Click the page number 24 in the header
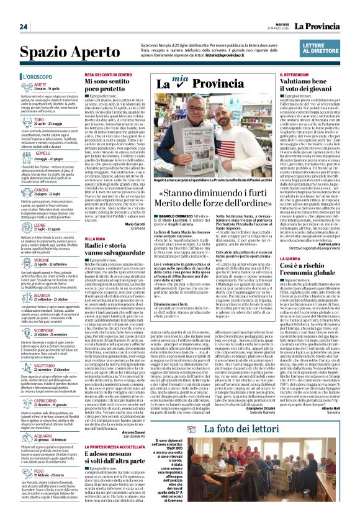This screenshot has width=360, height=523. point(24,27)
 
